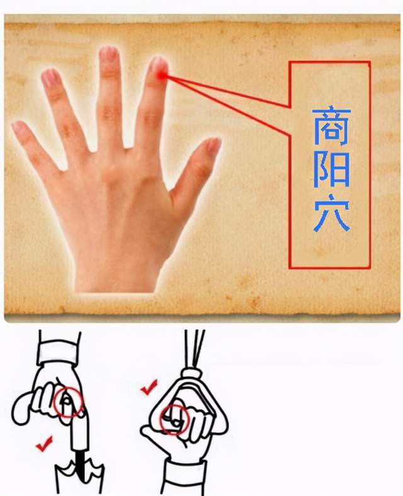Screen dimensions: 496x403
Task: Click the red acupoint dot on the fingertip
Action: tap(162, 76)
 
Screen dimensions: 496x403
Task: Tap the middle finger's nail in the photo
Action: tap(109, 54)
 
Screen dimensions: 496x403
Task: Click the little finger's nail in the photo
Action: tap(20, 128)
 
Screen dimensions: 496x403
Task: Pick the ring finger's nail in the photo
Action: tap(50, 78)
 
